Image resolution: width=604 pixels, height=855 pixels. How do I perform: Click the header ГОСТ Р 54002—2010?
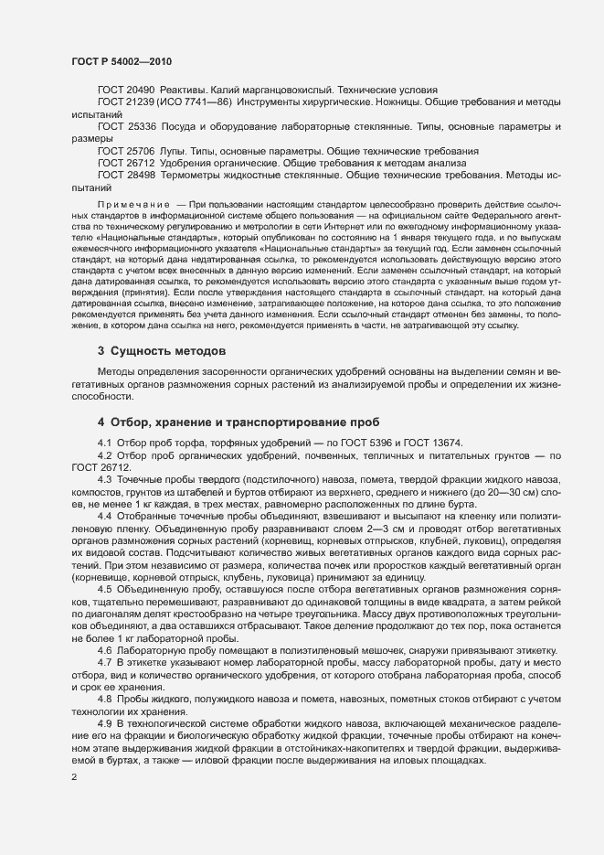pos(122,61)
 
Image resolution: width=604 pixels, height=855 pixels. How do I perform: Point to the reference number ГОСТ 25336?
pos(126,126)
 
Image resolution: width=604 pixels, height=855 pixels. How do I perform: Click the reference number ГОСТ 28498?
pos(126,174)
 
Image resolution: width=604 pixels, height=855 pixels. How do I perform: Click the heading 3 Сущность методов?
pos(162,351)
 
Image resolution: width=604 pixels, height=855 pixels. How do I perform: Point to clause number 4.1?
pos(104,444)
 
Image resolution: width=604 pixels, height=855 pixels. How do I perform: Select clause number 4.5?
pos(104,590)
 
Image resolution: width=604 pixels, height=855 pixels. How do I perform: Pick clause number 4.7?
pos(104,660)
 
